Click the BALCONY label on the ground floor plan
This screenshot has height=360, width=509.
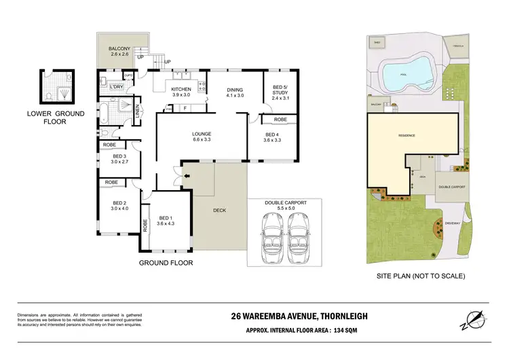(119, 49)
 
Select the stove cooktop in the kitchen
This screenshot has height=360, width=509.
(200, 86)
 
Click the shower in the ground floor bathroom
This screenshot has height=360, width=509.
(126, 106)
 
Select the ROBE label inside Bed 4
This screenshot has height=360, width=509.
(280, 120)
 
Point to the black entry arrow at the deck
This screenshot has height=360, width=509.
(187, 179)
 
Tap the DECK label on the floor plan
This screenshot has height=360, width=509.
(219, 210)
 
